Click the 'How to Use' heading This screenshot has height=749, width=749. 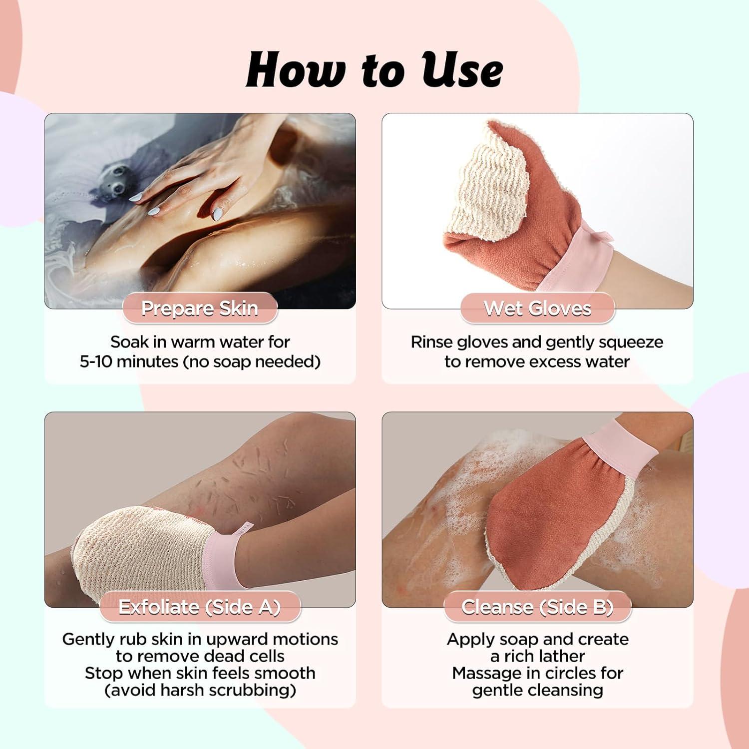374,70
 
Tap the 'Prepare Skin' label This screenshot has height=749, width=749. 200,309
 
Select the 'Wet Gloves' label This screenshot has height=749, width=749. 537,309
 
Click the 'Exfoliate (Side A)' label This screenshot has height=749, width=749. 200,607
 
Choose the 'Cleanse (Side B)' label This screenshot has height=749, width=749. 537,607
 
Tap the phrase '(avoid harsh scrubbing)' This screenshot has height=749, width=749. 200,690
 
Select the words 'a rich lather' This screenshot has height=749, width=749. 537,656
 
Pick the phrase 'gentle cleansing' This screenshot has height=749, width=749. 537,690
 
